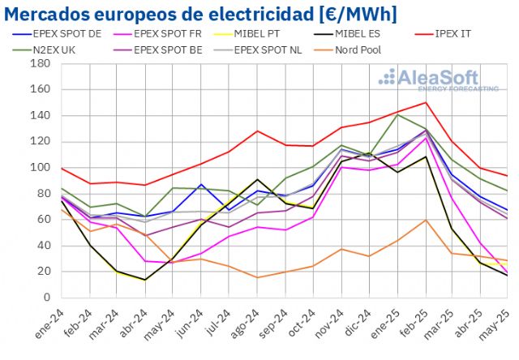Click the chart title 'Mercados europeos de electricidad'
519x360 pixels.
coord(155,13)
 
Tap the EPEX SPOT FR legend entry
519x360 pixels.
coord(165,34)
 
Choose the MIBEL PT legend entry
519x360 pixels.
coord(257,34)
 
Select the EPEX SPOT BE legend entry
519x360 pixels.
coord(165,49)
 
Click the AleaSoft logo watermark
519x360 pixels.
coord(438,79)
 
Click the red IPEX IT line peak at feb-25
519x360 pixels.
coord(426,102)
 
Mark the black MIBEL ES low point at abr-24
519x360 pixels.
coord(146,280)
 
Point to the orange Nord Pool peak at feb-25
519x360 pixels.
coord(426,220)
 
